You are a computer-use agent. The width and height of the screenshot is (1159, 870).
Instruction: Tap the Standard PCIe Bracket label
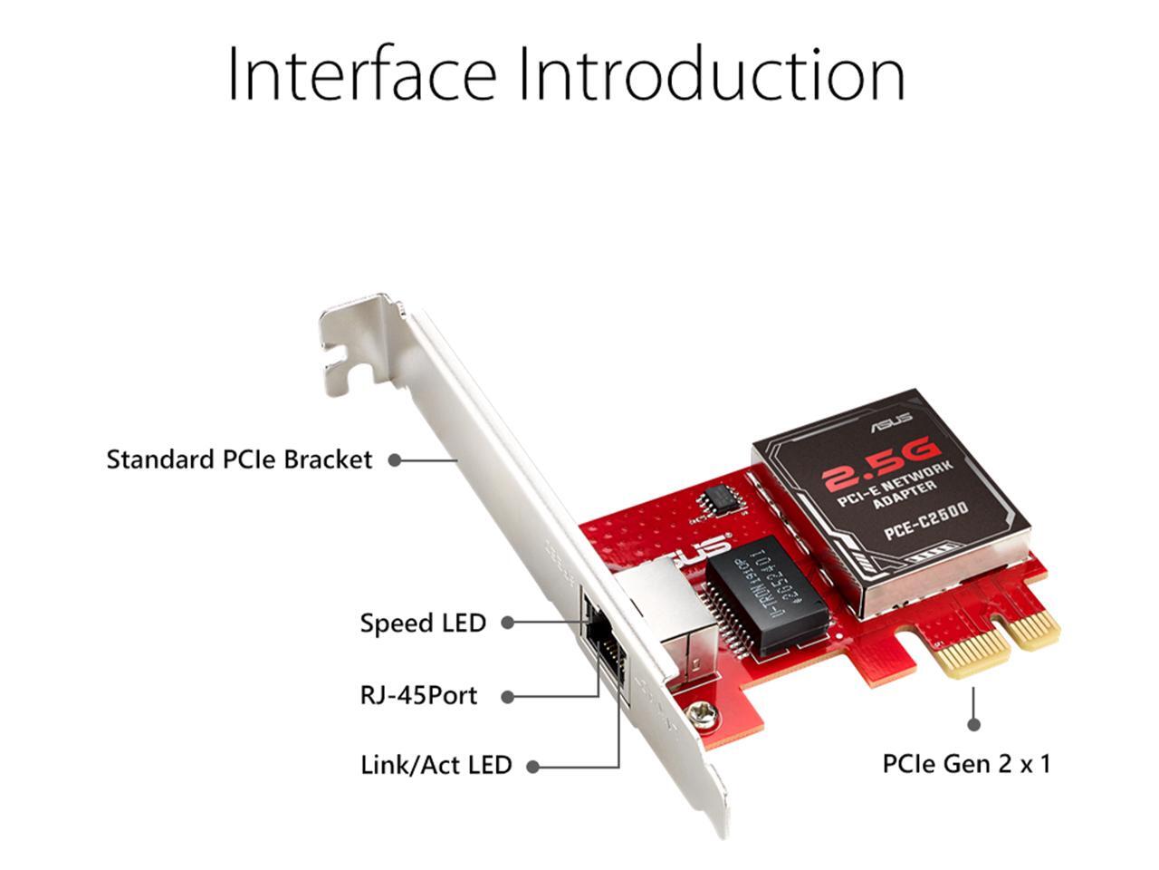pyautogui.click(x=239, y=459)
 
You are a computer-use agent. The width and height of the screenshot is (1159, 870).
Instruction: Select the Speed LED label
pyautogui.click(x=423, y=623)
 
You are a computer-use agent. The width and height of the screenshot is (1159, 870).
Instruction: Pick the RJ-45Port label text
pyautogui.click(x=418, y=696)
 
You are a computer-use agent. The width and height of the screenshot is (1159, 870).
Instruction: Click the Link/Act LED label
pyautogui.click(x=436, y=765)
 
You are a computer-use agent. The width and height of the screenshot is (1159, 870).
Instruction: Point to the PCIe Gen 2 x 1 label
pyautogui.click(x=966, y=764)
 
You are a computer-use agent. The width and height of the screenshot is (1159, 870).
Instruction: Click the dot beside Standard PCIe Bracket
pyautogui.click(x=395, y=459)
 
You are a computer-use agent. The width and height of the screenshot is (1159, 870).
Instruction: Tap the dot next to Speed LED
pyautogui.click(x=508, y=623)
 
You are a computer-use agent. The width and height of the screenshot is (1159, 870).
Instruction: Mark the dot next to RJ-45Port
pyautogui.click(x=508, y=697)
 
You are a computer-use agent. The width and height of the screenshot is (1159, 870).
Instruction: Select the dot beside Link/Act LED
pyautogui.click(x=533, y=766)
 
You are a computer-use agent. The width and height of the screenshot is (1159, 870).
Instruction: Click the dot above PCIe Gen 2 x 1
pyautogui.click(x=973, y=724)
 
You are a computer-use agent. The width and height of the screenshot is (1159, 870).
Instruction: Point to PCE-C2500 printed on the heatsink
pyautogui.click(x=925, y=523)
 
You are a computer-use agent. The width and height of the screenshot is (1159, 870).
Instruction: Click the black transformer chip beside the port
pyautogui.click(x=766, y=594)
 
